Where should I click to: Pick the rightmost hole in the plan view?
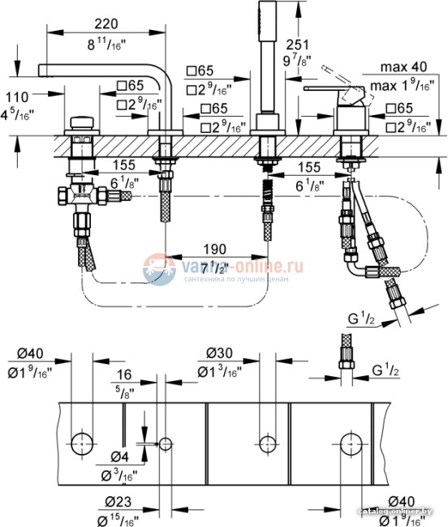coord(351,443)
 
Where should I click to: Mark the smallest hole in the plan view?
coord(166,443)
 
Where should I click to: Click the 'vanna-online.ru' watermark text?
coord(239,266)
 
